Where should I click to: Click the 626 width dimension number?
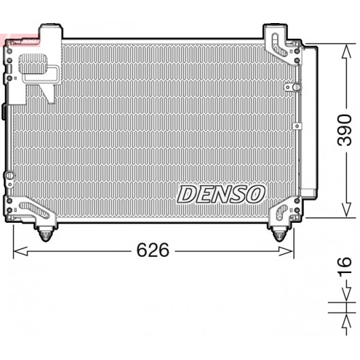[x=153, y=250]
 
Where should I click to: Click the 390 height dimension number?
[x=344, y=130]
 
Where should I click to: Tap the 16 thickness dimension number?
[x=344, y=266]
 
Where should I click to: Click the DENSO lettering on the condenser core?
[x=221, y=194]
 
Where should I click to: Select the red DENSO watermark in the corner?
[x=20, y=40]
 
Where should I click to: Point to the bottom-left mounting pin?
[x=46, y=234]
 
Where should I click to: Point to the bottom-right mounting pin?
[x=278, y=234]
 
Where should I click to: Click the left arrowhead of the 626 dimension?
[x=20, y=251]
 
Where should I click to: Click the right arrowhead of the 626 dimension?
[x=286, y=251]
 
